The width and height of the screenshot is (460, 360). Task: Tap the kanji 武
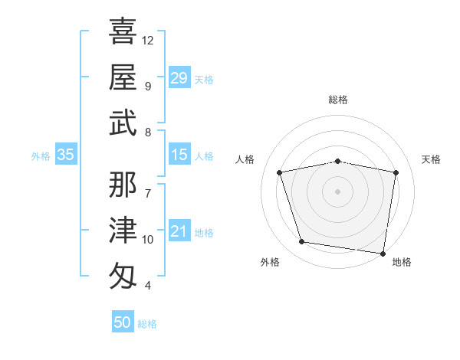point(123,123)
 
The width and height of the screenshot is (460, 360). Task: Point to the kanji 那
point(123,183)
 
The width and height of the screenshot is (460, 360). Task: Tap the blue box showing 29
point(179,78)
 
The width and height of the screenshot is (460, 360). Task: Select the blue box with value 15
point(179,155)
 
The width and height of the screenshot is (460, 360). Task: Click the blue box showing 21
point(179,231)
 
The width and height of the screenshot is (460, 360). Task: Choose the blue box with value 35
point(66,155)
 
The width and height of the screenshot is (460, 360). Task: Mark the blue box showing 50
point(123,322)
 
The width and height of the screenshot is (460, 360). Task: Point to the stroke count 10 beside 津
point(148,240)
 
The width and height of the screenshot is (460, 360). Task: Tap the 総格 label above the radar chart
point(338,100)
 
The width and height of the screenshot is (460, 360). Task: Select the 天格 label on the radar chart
point(432,159)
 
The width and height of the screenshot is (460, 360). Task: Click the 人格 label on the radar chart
point(245,159)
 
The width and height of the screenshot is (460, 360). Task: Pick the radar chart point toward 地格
point(383,253)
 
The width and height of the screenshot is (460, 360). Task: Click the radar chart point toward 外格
point(302,242)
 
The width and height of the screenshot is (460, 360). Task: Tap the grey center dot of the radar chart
point(338,191)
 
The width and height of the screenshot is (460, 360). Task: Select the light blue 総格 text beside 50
point(147,324)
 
